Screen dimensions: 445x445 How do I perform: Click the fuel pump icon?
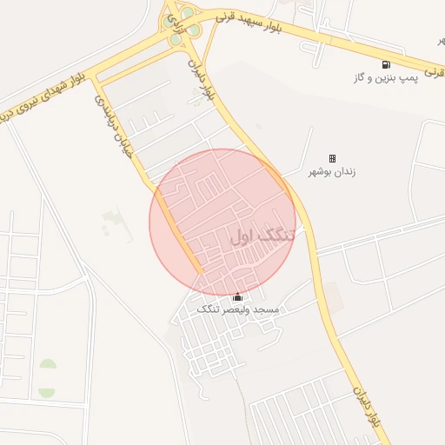[386, 63]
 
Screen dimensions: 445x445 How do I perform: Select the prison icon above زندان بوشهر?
[332, 158]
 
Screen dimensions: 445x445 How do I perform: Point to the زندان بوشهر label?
[334, 172]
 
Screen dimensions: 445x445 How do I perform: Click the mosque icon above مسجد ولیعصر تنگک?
[238, 297]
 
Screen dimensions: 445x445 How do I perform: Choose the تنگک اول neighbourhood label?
[262, 235]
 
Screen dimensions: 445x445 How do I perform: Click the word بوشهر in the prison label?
[322, 172]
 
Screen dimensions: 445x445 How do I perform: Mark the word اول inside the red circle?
[245, 235]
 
